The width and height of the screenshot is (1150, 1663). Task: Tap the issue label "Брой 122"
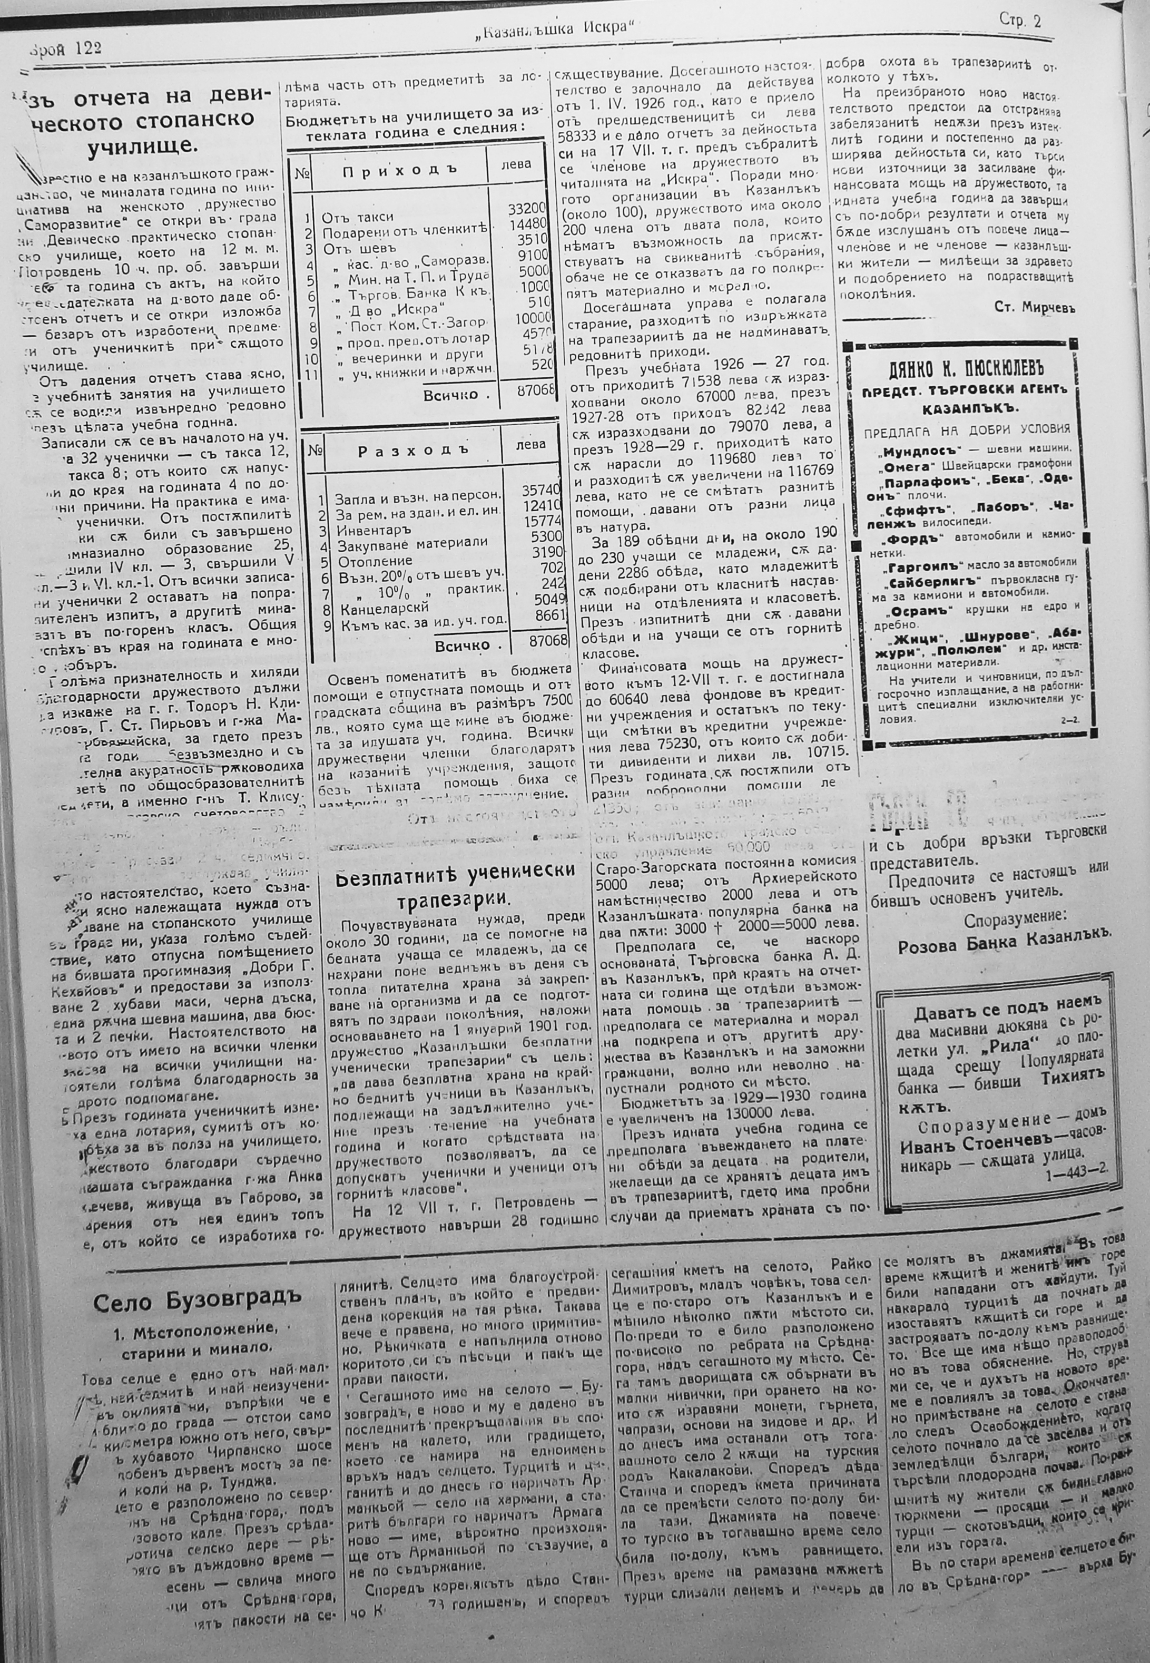click(x=65, y=48)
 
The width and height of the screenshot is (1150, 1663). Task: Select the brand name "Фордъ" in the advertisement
click(x=913, y=537)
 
